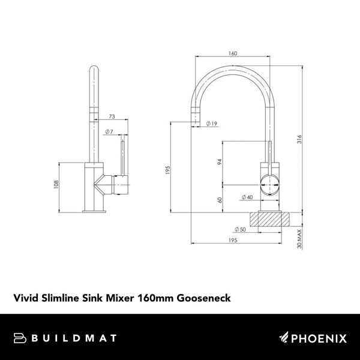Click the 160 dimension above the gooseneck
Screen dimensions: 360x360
tap(232, 53)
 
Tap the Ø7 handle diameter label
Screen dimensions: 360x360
tap(109, 131)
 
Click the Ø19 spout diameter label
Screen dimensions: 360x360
tap(211, 124)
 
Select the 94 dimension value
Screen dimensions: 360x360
tap(220, 162)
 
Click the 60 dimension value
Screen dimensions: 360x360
tap(220, 200)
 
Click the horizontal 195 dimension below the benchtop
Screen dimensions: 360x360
tap(232, 240)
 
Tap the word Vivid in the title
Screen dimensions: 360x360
tap(25, 296)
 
